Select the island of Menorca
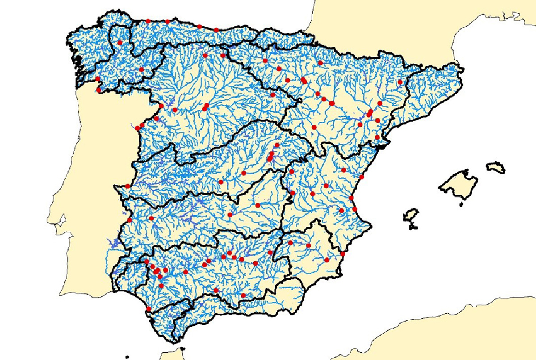coord(496,167)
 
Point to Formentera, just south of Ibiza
coord(413,226)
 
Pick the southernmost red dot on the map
coord(148,309)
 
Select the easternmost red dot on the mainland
coord(400,82)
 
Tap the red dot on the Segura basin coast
coord(343,254)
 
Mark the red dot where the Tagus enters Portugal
coord(127,186)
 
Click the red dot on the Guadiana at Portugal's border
coord(130,220)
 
